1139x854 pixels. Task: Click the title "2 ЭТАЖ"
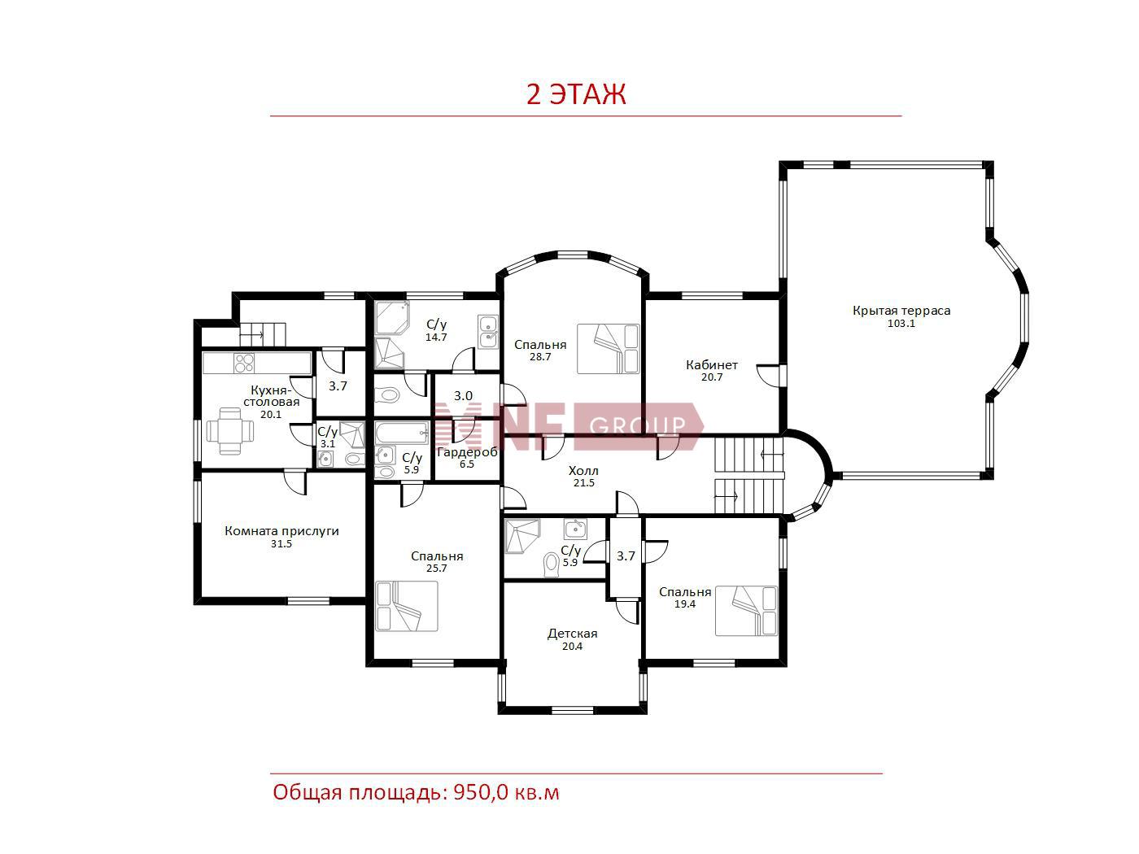tap(576, 94)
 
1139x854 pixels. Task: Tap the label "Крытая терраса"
tap(901, 311)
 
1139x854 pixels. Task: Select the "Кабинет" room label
tap(711, 365)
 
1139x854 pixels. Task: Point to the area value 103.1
tap(901, 324)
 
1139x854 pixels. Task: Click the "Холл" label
tap(583, 471)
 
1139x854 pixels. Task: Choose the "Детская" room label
tap(573, 634)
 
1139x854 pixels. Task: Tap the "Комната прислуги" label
tap(281, 531)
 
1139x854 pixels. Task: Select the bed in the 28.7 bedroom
tap(609, 348)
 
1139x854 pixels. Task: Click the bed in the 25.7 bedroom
tap(406, 606)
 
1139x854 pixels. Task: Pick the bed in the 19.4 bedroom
tap(746, 611)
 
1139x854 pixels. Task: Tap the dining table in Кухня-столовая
tap(230, 431)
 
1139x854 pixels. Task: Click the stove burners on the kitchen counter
tap(244, 363)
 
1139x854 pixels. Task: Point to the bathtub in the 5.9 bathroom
tap(401, 433)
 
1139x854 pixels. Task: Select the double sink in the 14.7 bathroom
tap(488, 332)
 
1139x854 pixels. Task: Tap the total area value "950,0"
tap(482, 793)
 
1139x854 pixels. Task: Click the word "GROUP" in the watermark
tap(637, 425)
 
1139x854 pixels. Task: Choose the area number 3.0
tap(463, 396)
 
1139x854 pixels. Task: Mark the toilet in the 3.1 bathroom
tap(354, 459)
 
